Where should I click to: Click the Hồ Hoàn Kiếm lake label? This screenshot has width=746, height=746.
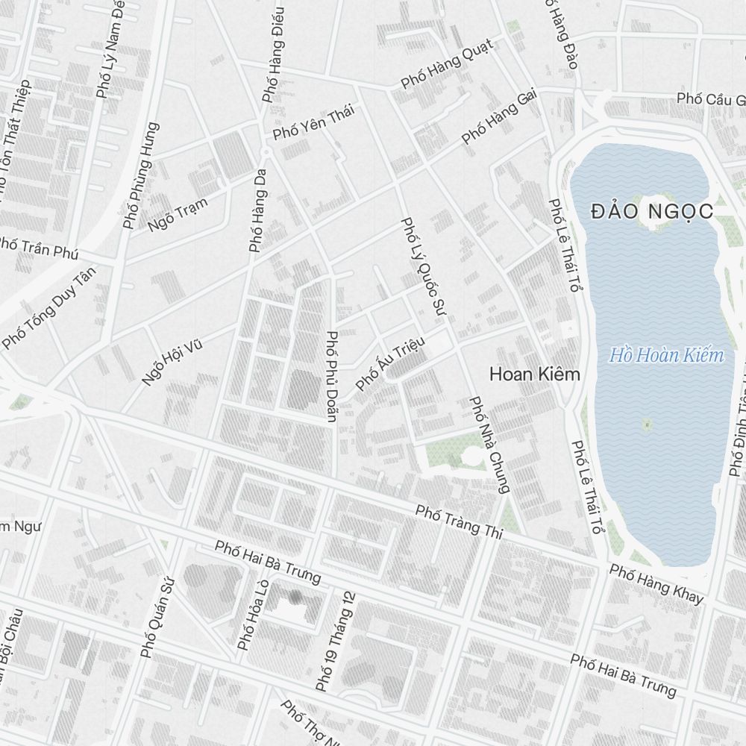tap(666, 355)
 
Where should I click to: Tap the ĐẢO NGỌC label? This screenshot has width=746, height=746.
tap(652, 211)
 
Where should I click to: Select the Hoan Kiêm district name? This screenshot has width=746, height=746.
tap(534, 374)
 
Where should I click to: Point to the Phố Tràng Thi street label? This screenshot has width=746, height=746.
tap(460, 522)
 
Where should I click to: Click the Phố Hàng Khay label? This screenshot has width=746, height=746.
tap(656, 584)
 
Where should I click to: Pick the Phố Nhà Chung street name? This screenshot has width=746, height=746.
tap(489, 445)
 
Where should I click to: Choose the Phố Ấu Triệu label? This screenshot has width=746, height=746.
tap(390, 363)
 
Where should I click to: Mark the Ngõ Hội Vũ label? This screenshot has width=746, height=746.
tap(172, 360)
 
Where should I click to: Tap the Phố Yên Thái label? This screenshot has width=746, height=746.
tap(313, 122)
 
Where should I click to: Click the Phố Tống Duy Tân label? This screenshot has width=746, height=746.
tap(50, 308)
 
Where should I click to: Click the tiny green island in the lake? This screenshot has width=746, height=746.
tap(647, 424)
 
